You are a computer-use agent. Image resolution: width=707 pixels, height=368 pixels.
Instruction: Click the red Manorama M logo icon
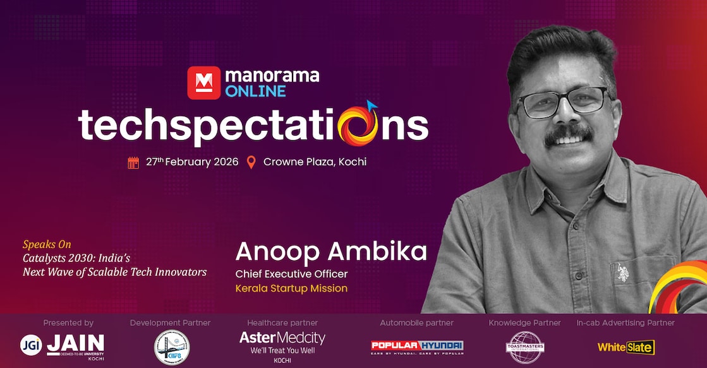(x=203, y=83)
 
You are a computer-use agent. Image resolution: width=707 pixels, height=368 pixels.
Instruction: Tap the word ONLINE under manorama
(x=255, y=92)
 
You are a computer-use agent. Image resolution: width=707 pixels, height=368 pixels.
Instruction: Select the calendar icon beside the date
(x=133, y=162)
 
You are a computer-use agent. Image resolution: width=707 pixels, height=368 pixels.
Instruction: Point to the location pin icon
(x=251, y=162)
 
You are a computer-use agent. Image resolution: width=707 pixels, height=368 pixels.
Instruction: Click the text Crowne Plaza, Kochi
(x=315, y=162)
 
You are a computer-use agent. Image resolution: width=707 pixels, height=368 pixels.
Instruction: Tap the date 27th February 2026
(x=192, y=162)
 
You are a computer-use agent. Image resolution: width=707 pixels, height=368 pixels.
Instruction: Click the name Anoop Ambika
(x=331, y=252)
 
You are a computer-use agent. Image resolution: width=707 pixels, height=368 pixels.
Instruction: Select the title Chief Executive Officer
(x=291, y=274)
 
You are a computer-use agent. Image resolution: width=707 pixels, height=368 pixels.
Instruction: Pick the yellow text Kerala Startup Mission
(x=291, y=288)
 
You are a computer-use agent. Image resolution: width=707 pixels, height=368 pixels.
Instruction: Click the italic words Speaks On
(x=47, y=244)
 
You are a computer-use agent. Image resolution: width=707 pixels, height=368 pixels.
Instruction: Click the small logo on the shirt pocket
(x=622, y=269)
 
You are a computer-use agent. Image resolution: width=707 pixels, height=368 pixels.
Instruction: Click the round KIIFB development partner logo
(x=171, y=347)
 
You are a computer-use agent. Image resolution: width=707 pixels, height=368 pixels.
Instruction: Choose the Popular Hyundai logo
(x=416, y=346)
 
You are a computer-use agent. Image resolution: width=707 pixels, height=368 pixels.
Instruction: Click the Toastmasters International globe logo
(x=524, y=347)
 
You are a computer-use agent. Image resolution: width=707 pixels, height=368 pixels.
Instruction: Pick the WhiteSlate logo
(x=625, y=347)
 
